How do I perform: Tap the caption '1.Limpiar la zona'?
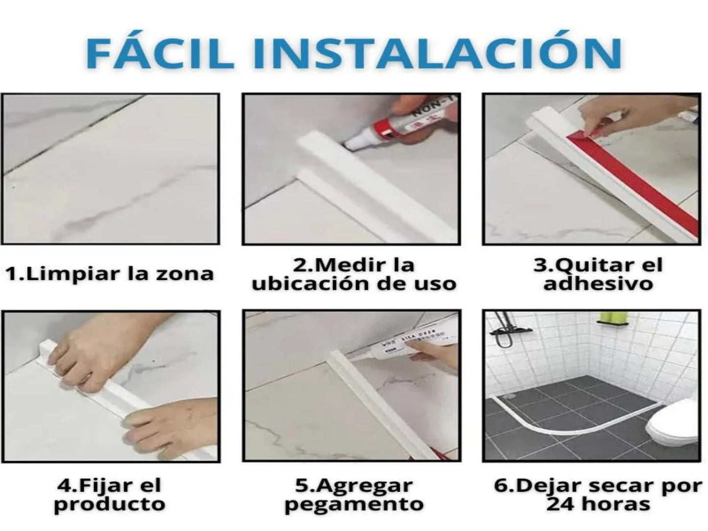click(110, 274)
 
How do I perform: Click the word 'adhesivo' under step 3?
click(598, 284)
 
